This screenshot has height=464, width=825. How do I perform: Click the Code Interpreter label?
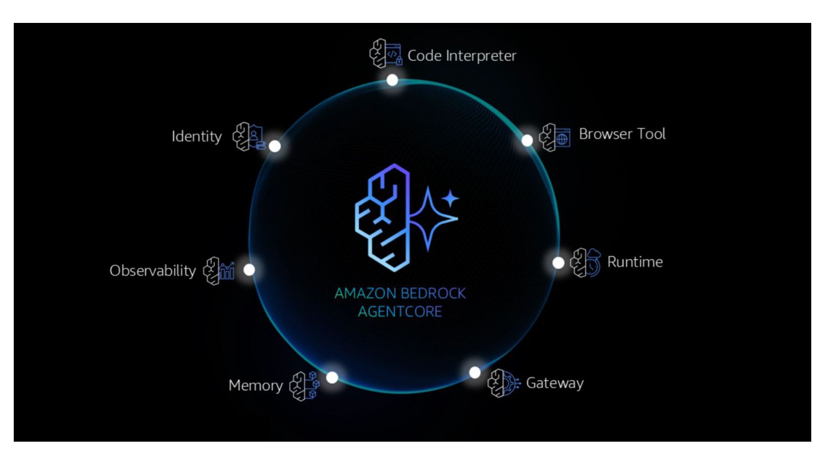(x=462, y=56)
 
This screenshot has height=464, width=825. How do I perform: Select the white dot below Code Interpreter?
(x=392, y=80)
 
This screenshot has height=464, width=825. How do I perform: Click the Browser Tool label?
(x=622, y=134)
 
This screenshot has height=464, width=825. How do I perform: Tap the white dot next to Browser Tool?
(x=527, y=140)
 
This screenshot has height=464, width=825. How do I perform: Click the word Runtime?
(x=635, y=262)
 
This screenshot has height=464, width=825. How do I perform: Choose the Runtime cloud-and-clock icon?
(x=586, y=263)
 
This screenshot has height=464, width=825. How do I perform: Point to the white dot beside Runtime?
(x=559, y=263)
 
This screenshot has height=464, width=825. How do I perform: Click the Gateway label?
(x=555, y=383)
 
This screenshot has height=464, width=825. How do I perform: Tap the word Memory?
(x=256, y=386)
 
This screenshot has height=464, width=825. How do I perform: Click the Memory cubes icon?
(x=304, y=385)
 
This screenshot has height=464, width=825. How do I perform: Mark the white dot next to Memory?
(x=332, y=378)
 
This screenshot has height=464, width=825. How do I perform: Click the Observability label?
(x=152, y=270)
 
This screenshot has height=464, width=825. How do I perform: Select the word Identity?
(x=197, y=137)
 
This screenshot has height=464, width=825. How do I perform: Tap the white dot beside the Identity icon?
(x=275, y=146)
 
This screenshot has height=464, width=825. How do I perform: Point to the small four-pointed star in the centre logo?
(x=451, y=199)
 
